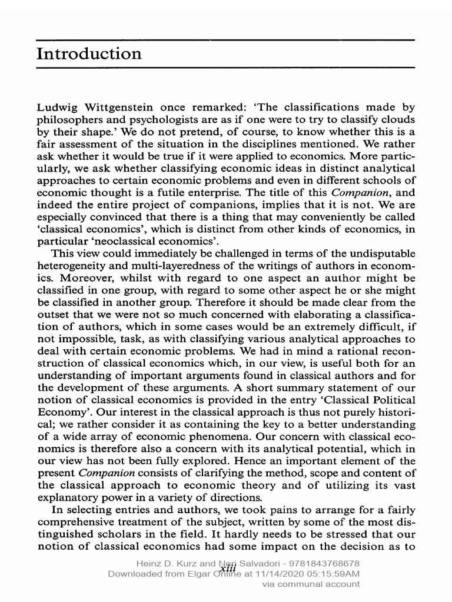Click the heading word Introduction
point(89,55)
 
